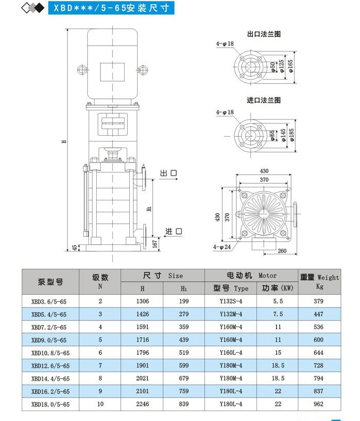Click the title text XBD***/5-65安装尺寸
[108, 8]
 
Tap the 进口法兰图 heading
[264, 100]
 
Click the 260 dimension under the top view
[281, 252]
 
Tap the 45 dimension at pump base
[74, 248]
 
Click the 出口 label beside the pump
[169, 173]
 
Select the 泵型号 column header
[50, 282]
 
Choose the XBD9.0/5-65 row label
[50, 340]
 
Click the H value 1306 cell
[142, 301]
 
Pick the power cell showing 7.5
[278, 314]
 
